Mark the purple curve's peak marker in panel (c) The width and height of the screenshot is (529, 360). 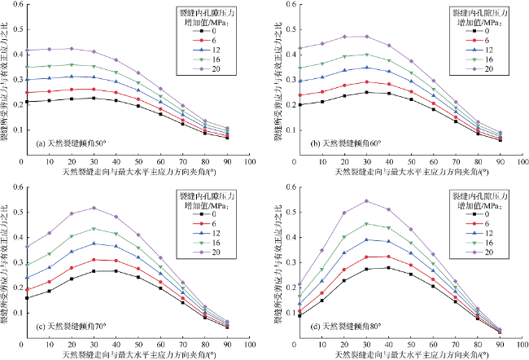(x=94, y=208)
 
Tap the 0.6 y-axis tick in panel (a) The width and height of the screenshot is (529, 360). (x=15, y=6)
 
